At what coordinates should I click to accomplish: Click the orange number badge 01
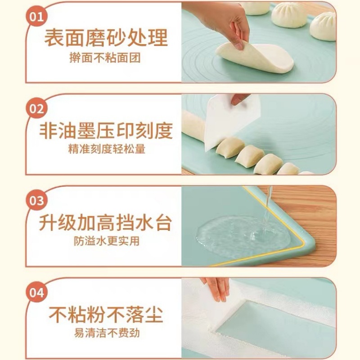(37, 18)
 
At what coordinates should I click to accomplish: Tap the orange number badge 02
(37, 109)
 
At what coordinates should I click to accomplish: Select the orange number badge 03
(37, 200)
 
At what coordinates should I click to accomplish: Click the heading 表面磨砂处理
(106, 38)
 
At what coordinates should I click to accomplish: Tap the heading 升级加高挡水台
(106, 222)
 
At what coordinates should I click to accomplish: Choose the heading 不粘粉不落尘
(106, 314)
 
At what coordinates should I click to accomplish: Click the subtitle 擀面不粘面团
(107, 58)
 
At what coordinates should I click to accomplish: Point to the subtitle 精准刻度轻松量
(107, 150)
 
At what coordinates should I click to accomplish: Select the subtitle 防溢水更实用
(107, 241)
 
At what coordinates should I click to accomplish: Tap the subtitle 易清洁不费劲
(107, 333)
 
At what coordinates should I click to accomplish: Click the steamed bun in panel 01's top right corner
(324, 25)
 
